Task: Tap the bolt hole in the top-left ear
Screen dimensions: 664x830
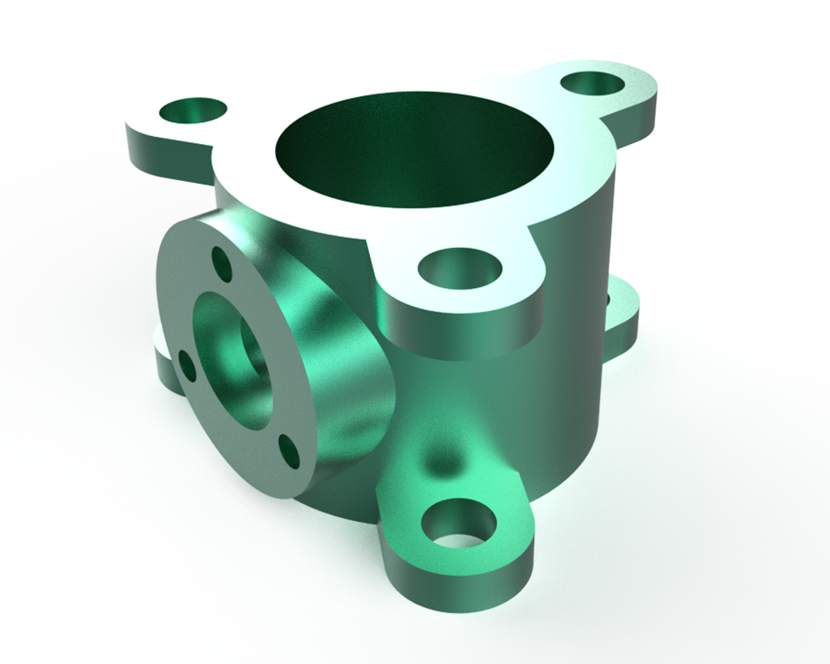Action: point(193,111)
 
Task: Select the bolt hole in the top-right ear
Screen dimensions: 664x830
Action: point(593,83)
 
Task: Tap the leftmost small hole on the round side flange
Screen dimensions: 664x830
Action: point(187,366)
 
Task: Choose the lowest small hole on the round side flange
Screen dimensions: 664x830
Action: point(289,452)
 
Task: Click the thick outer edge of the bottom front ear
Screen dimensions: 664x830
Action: point(455,582)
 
